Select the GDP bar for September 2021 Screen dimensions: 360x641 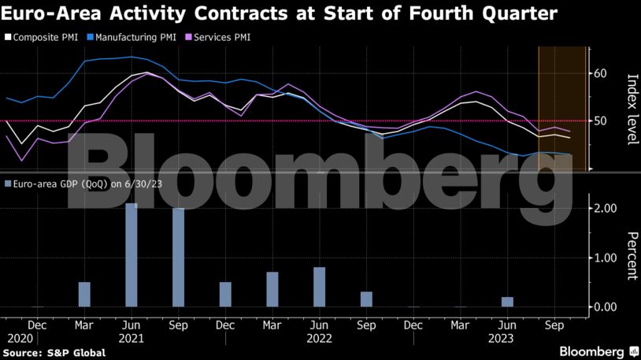tap(179, 258)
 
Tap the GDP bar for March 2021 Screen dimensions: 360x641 tap(84, 294)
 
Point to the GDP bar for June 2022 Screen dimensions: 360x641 tap(319, 287)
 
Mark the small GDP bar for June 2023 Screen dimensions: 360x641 tap(507, 302)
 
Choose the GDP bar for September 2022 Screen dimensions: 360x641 tap(366, 299)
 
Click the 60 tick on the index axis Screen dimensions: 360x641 tap(601, 73)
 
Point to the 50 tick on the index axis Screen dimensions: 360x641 tap(601, 121)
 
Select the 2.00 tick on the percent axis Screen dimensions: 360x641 tap(604, 208)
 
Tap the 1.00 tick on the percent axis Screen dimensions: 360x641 tap(604, 258)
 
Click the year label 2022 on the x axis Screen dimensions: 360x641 tap(319, 337)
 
